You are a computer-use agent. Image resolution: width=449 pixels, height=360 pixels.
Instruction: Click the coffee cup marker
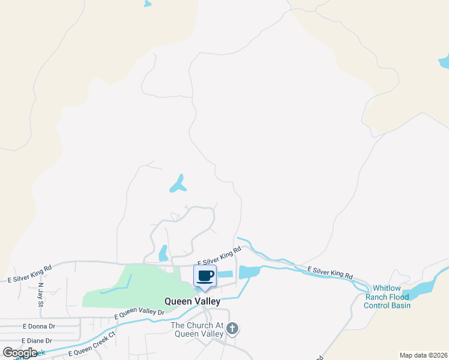tap(205, 276)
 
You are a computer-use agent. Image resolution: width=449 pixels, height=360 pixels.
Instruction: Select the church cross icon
tap(232, 329)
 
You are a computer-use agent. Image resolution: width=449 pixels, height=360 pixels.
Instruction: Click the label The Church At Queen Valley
tap(197, 329)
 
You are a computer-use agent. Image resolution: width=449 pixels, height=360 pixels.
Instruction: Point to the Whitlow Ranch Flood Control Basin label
tap(387, 297)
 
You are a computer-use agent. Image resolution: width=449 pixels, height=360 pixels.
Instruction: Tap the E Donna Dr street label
tap(38, 326)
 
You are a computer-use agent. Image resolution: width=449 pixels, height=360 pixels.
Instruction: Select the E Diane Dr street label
tap(37, 340)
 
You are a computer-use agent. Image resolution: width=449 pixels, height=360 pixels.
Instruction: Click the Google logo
tap(20, 353)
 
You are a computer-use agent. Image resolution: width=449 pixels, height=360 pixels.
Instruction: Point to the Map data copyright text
tap(423, 355)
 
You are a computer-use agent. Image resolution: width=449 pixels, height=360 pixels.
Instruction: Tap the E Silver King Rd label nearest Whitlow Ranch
tap(330, 272)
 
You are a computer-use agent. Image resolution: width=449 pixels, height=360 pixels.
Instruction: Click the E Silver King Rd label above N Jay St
tap(30, 273)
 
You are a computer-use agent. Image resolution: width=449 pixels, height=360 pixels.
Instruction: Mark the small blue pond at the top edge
tap(148, 3)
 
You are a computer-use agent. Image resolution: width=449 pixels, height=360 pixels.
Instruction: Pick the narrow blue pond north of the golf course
tap(163, 253)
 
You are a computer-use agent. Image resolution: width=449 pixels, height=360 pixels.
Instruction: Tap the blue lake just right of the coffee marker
tap(249, 272)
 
